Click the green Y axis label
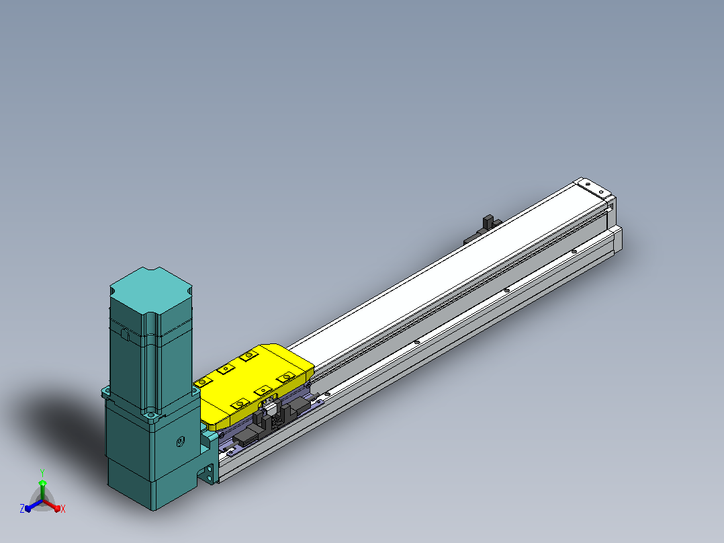(x=42, y=472)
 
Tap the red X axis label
(x=63, y=509)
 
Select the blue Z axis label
(x=21, y=508)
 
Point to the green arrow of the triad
(x=42, y=489)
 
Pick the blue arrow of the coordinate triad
(x=34, y=505)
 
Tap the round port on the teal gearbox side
(x=180, y=442)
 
